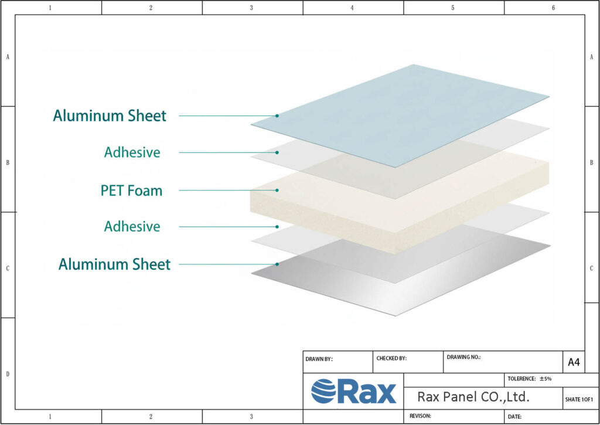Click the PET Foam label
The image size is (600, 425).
click(x=131, y=191)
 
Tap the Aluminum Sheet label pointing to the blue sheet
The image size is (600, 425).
click(x=110, y=116)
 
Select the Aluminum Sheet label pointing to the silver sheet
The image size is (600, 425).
click(x=114, y=264)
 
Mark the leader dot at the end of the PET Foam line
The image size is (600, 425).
click(x=277, y=190)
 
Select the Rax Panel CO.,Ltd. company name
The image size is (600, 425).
click(x=473, y=397)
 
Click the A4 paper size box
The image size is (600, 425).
click(x=574, y=362)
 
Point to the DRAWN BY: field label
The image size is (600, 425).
click(x=319, y=359)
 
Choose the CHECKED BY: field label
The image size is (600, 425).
click(x=391, y=358)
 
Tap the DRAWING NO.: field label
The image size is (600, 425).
click(x=463, y=356)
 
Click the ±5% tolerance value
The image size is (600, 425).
click(x=546, y=379)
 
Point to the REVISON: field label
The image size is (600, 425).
click(x=420, y=416)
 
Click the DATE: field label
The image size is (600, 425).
click(x=514, y=416)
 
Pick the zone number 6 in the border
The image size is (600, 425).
click(x=553, y=8)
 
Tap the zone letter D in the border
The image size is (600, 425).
click(x=7, y=373)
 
